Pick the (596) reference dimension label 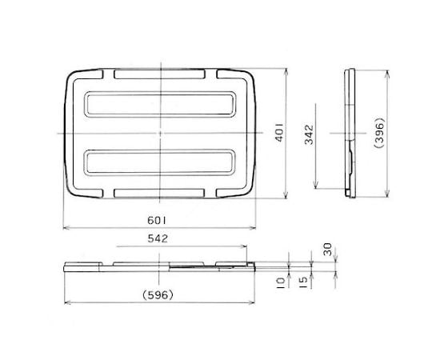coord(158,293)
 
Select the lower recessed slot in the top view coord(160,163)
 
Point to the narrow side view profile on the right coord(350,133)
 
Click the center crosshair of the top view coord(161,133)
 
